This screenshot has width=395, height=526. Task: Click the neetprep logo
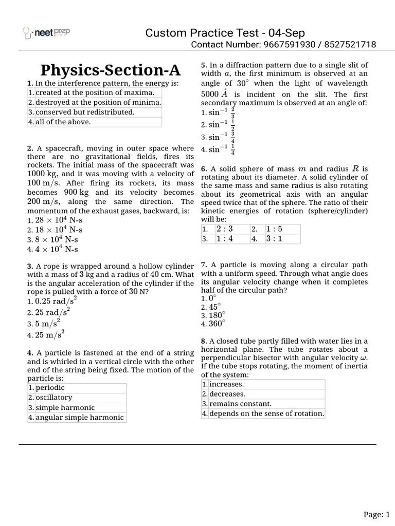[46, 33]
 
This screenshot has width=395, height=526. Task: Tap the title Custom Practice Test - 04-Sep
[225, 33]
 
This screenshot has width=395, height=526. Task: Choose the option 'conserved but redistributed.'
[85, 112]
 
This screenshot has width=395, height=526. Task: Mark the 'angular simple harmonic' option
[80, 417]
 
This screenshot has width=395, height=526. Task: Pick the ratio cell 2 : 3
[225, 229]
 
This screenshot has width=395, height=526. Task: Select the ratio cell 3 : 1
[275, 239]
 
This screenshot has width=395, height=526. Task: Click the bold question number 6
[204, 168]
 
